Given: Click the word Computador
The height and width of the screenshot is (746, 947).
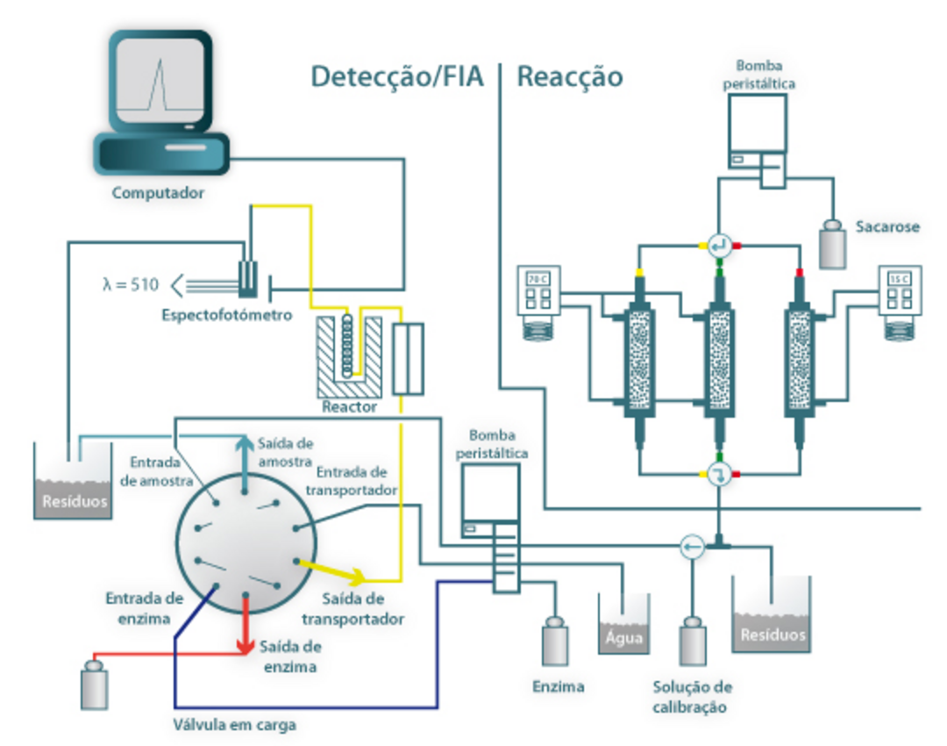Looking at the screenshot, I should (158, 192).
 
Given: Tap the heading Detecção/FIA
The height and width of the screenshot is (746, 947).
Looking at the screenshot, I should (397, 77).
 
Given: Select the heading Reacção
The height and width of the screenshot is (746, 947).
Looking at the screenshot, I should (569, 77).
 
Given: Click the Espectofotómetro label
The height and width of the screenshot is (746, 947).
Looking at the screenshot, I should (226, 315).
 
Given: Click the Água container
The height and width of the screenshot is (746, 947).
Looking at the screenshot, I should (623, 625).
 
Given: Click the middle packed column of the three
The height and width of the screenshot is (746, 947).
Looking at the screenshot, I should (720, 360).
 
